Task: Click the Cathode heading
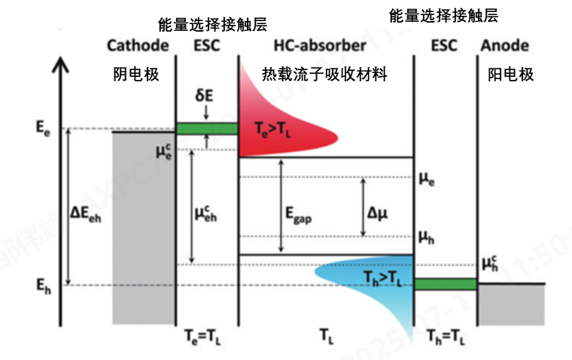(138, 45)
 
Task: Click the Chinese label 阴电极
(136, 75)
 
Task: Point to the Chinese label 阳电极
(510, 75)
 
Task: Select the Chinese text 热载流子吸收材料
(324, 75)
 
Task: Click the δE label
(206, 96)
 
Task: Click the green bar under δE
(206, 128)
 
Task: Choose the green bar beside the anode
(446, 284)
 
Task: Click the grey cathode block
(143, 226)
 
